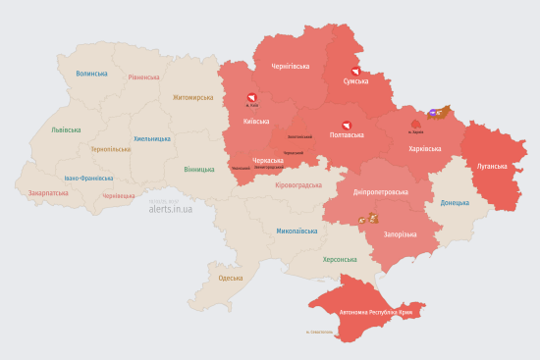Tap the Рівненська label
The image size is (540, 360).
143,77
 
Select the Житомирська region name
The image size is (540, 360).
192,98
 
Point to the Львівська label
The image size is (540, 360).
67,129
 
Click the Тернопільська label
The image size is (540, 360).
110,149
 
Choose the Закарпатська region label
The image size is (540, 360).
48,193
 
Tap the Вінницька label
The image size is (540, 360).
199,169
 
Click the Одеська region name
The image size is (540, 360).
230,279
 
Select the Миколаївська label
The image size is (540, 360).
297,231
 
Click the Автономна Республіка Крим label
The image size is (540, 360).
382,312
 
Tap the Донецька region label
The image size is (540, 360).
456,203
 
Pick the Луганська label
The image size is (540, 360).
492,166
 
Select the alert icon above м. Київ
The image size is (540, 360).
251,97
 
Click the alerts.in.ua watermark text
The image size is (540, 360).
171,209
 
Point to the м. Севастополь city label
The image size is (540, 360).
320,332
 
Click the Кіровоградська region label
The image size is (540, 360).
298,184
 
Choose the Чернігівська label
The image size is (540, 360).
291,67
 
